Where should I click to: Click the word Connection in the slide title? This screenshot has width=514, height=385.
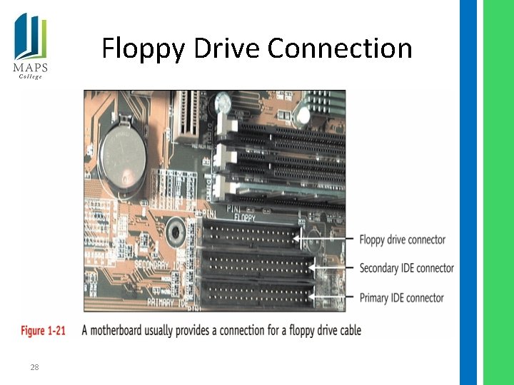340,48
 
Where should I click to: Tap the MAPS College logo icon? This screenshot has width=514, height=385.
30,36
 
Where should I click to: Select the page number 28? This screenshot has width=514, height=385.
34,367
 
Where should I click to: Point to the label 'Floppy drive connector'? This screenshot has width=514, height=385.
402,240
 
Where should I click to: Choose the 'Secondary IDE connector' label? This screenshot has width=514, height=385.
406,268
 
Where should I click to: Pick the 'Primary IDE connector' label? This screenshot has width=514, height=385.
401,297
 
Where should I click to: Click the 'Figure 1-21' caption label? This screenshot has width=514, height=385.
43,330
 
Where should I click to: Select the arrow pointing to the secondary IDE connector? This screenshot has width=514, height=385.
332,267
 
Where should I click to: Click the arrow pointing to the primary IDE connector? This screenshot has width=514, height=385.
332,297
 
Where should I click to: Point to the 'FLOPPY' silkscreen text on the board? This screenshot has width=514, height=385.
245,216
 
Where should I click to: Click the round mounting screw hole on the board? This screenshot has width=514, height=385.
173,231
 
